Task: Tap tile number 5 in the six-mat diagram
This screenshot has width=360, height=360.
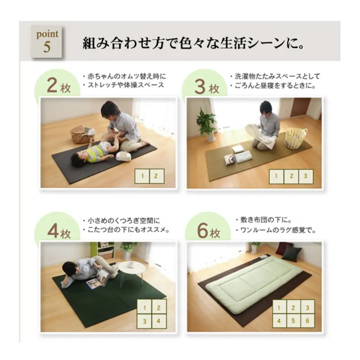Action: (292, 321)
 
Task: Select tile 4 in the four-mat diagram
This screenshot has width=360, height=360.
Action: (158, 321)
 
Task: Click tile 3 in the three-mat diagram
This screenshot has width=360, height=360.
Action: (305, 176)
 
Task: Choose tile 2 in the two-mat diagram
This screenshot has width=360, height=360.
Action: (156, 176)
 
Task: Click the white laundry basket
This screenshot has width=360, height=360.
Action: (296, 138)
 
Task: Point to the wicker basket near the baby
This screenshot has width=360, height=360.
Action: (81, 134)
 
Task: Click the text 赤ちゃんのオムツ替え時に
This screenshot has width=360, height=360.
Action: (126, 76)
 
